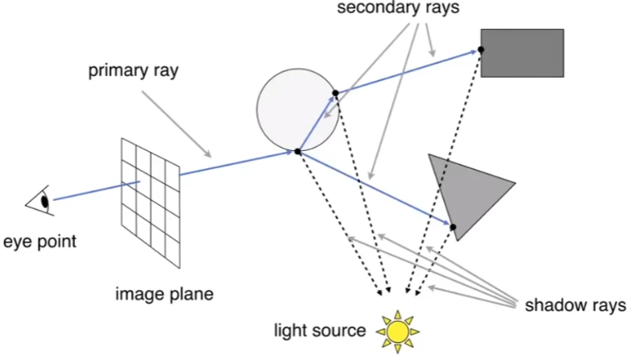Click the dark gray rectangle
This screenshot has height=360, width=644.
[x=522, y=52]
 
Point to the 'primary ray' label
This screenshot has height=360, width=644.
[x=133, y=70]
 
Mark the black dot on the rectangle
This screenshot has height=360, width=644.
[x=480, y=50]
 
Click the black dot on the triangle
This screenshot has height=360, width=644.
[x=454, y=227]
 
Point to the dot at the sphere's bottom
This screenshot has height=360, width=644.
[x=298, y=151]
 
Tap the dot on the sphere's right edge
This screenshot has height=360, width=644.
[x=336, y=93]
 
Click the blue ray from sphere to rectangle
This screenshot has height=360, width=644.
[x=408, y=72]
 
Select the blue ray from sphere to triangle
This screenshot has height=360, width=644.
[x=375, y=189]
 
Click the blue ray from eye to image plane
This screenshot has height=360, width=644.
[x=89, y=190]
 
